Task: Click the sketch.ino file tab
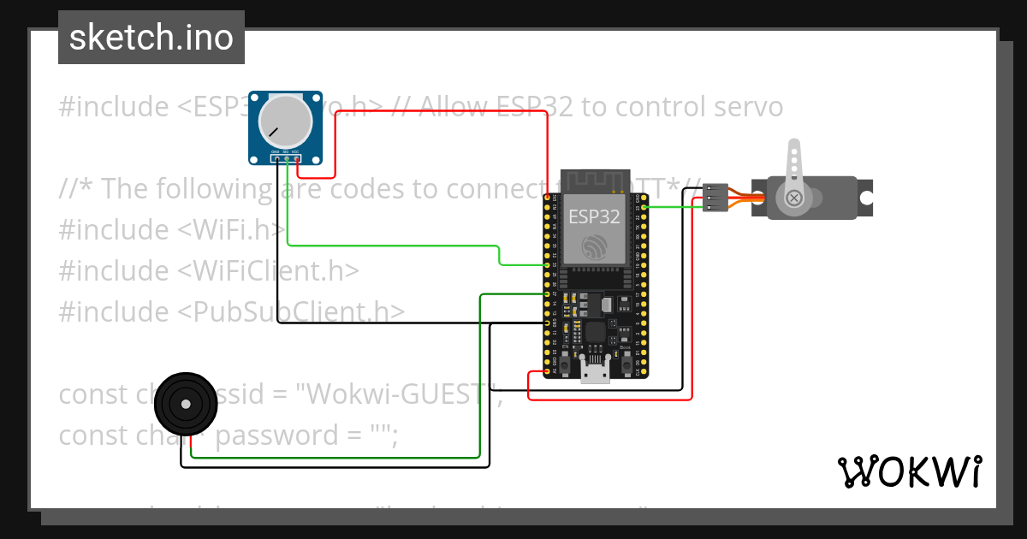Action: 151,38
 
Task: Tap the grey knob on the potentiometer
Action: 286,120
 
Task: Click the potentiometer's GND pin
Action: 276,157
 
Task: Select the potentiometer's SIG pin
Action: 287,157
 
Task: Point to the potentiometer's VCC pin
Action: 296,157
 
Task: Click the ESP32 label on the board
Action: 594,216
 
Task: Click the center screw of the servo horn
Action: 795,198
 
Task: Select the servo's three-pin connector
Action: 715,198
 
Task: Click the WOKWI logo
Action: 909,471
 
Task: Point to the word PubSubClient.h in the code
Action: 292,311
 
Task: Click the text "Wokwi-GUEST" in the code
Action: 397,394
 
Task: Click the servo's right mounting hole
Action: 866,198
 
